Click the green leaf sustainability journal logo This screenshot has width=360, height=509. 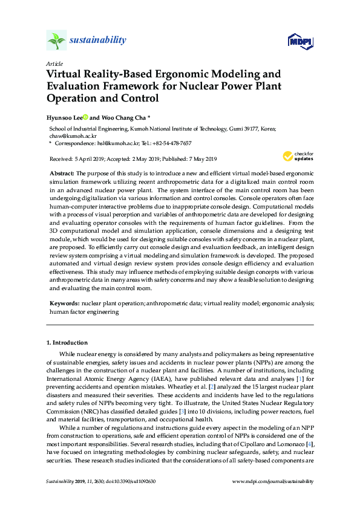point(56,41)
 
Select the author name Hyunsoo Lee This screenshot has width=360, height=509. point(64,118)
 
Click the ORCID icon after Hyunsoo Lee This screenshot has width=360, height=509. point(85,117)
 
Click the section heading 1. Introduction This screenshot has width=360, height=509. point(67,343)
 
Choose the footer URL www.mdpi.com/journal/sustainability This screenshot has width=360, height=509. point(273,481)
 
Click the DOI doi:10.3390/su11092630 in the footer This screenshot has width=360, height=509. point(132,481)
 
